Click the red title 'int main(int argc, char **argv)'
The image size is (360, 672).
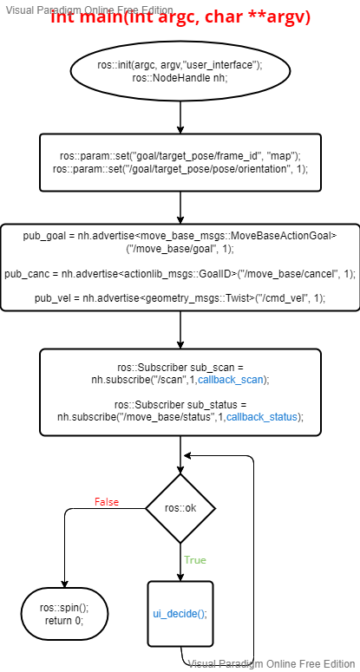pos(180,17)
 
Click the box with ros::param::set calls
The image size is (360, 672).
pos(180,162)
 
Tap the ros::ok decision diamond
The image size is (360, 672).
pos(180,507)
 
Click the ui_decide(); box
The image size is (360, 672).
pos(180,613)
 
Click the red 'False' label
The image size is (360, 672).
pos(106,502)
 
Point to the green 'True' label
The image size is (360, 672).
pos(194,560)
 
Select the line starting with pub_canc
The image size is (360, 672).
pos(180,273)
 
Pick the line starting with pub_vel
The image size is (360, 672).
pos(180,298)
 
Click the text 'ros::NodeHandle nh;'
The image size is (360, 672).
pos(180,78)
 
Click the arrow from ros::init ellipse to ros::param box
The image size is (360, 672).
pos(180,116)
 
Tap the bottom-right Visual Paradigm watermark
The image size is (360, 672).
pos(272,664)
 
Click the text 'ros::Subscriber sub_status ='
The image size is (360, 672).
pos(180,405)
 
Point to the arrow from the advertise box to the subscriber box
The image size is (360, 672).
pos(180,330)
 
